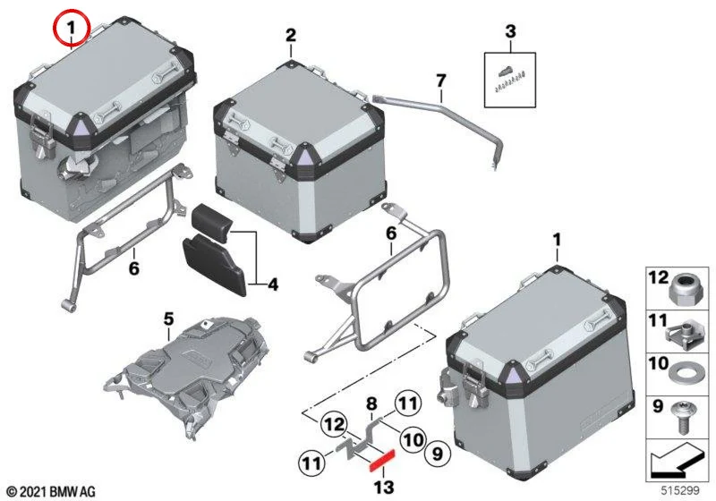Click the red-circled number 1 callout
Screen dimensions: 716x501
click(x=72, y=29)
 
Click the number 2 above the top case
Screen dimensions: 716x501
click(x=291, y=36)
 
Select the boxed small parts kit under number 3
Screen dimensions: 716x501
click(x=510, y=80)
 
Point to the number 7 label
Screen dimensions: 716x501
click(x=440, y=81)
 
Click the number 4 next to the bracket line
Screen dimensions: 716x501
click(x=273, y=284)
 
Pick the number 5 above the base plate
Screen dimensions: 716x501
click(x=169, y=319)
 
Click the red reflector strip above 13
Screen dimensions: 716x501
click(x=382, y=460)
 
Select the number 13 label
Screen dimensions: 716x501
click(x=384, y=488)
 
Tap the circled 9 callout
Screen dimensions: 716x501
click(x=438, y=453)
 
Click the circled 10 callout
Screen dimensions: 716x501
click(x=413, y=439)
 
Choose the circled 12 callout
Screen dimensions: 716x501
click(x=334, y=425)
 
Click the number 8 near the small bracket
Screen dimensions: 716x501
click(x=372, y=403)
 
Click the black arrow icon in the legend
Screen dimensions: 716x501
click(x=676, y=462)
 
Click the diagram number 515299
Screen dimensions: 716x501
click(x=680, y=490)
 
